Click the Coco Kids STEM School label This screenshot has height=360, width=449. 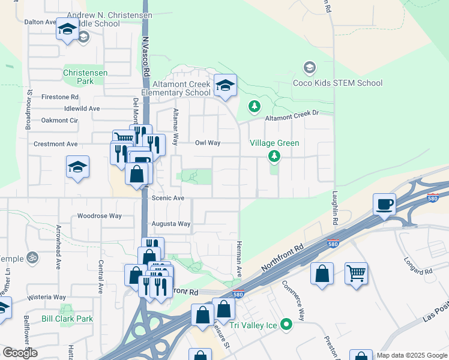point(337,83)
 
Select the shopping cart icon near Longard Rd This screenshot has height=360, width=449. point(356,274)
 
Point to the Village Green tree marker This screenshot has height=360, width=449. point(274,157)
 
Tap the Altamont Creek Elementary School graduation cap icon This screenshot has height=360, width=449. point(225,86)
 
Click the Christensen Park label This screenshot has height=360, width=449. point(85,77)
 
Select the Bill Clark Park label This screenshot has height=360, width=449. point(67,319)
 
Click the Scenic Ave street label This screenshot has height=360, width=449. point(168,198)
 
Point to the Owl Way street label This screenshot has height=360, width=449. point(208,143)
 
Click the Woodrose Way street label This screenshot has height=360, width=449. point(100,216)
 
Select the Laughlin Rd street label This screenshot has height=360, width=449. point(334,208)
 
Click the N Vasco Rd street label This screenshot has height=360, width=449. point(146,53)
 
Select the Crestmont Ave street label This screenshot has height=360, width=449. point(56,144)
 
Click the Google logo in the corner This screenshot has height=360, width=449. point(20,352)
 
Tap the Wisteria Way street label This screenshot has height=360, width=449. point(46,297)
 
